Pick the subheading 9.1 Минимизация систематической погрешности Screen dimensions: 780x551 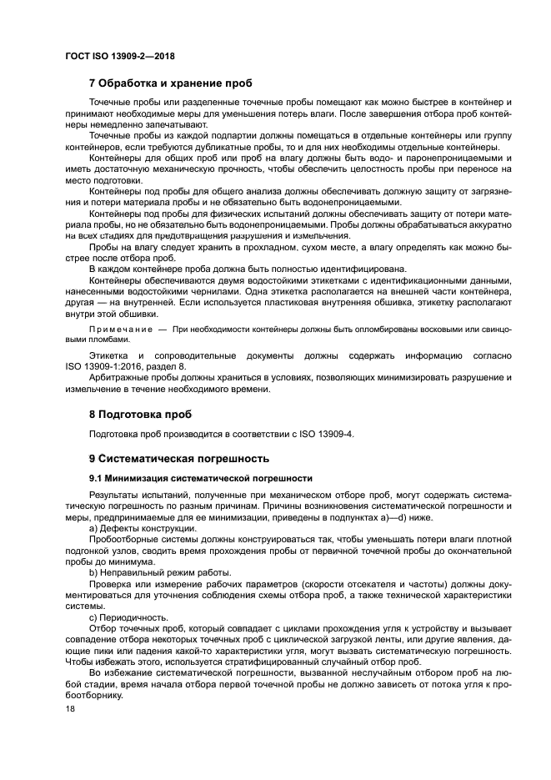[201, 478]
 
